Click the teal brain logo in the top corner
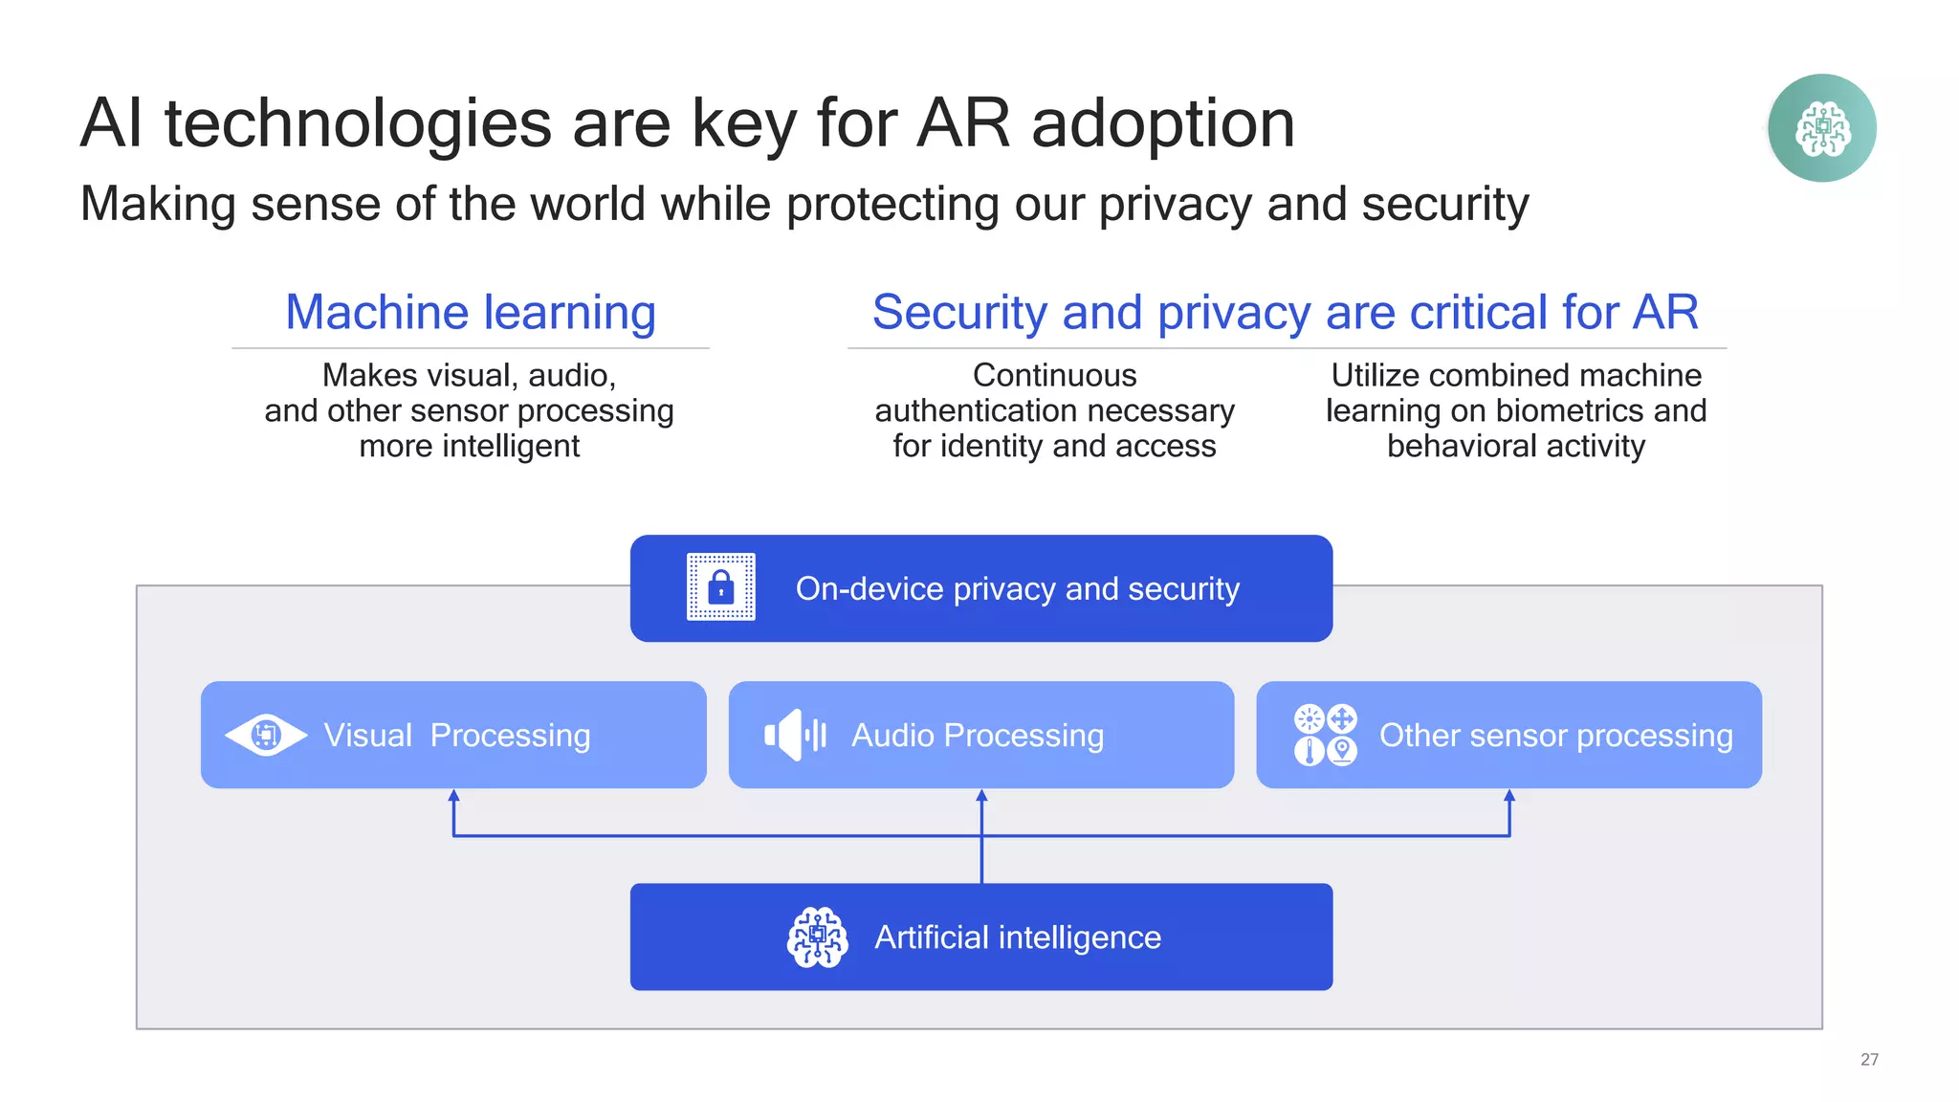(1821, 128)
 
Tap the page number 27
(1869, 1059)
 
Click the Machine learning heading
(471, 313)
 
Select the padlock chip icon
(721, 586)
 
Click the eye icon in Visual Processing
(265, 735)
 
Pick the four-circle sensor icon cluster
(1325, 735)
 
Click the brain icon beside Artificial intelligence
(817, 937)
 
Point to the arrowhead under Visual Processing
(453, 796)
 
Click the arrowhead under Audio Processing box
(981, 796)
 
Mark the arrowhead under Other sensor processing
(1509, 796)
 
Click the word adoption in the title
(1162, 124)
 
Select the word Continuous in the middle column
(1054, 375)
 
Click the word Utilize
(1375, 375)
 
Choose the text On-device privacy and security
(1017, 588)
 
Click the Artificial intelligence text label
(1017, 937)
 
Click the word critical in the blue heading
(1478, 313)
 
